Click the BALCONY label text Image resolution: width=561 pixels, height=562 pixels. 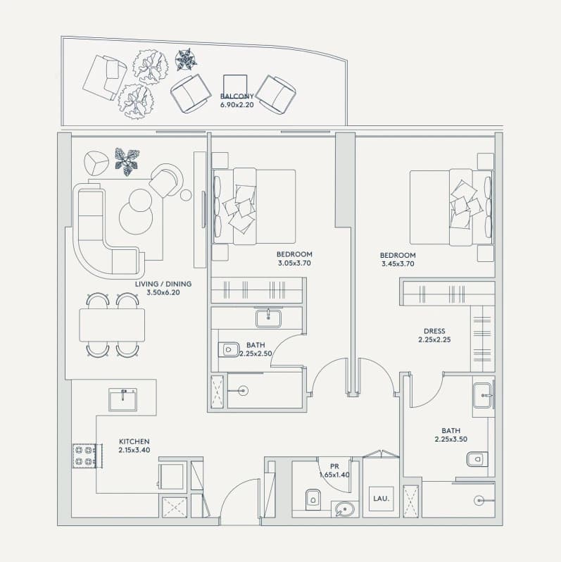(237, 96)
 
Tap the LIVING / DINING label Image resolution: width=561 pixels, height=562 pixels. (163, 284)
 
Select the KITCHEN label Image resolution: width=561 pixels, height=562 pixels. (134, 442)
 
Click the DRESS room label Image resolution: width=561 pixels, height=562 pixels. (434, 331)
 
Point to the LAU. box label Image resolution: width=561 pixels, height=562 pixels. (382, 499)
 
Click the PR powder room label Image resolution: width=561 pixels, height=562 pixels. (334, 466)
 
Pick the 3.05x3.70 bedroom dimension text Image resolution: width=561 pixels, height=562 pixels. (294, 263)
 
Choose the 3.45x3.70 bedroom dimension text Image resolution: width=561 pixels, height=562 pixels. (398, 264)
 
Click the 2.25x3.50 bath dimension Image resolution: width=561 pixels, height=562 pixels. (450, 439)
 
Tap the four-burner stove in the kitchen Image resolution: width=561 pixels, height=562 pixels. (84, 456)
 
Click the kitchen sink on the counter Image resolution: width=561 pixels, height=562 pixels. (123, 399)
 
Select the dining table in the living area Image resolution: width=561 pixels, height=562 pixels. (112, 325)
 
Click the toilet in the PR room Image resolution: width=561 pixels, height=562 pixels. (313, 499)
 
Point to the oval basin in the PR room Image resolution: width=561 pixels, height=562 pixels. (345, 509)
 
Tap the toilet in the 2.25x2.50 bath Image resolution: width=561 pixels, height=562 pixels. (229, 349)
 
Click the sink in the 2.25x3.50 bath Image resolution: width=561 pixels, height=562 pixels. (483, 396)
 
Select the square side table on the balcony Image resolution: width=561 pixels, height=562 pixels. (235, 87)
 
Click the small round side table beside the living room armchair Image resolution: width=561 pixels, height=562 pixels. (186, 195)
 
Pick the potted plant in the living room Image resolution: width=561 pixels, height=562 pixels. (127, 162)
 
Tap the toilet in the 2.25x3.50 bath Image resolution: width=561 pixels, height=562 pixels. (477, 459)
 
